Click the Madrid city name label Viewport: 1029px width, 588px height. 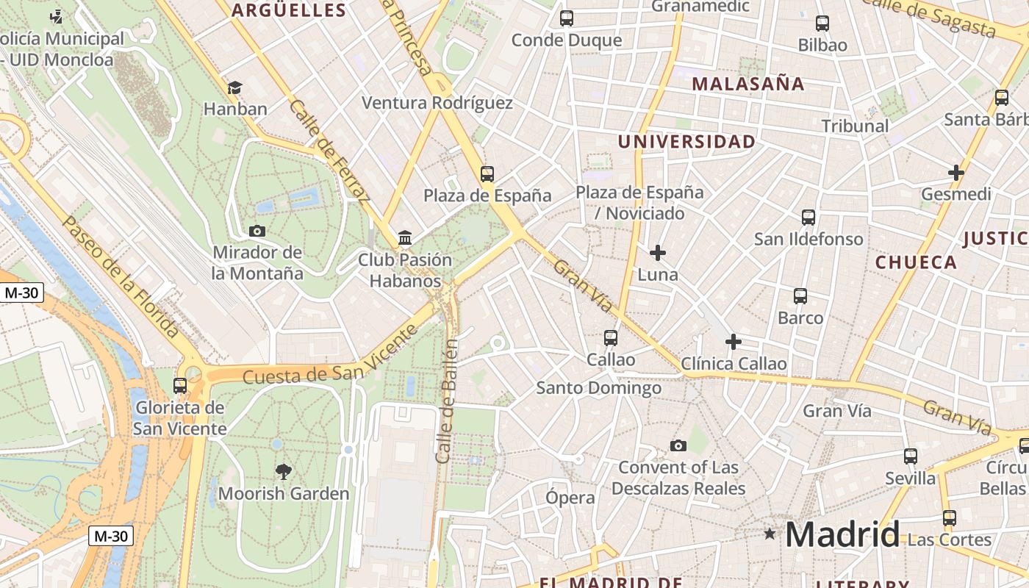pyautogui.click(x=842, y=534)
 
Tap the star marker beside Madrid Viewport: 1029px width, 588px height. pyautogui.click(x=770, y=534)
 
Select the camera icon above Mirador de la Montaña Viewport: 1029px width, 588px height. pyautogui.click(x=257, y=231)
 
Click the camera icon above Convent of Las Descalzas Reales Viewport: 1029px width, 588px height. pyautogui.click(x=678, y=445)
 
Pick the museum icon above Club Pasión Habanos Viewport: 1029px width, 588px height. pyautogui.click(x=405, y=237)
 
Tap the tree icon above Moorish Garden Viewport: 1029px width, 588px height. pyautogui.click(x=283, y=471)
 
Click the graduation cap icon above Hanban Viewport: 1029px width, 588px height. pyautogui.click(x=234, y=87)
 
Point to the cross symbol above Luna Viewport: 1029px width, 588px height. pyautogui.click(x=658, y=253)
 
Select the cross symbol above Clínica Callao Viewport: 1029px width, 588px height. pyautogui.click(x=734, y=342)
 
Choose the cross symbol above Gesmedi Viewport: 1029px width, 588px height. pyautogui.click(x=956, y=173)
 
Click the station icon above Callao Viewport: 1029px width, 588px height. pyautogui.click(x=611, y=338)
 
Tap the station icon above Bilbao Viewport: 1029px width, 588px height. pyautogui.click(x=822, y=24)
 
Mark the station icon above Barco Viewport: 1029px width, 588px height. pyautogui.click(x=800, y=296)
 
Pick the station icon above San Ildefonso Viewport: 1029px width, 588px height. pyautogui.click(x=808, y=218)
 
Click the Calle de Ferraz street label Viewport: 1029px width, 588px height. pyautogui.click(x=329, y=151)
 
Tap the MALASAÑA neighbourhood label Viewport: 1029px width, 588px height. pyautogui.click(x=748, y=84)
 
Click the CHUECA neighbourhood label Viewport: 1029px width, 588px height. pyautogui.click(x=916, y=262)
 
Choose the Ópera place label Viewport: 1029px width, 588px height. pyautogui.click(x=570, y=498)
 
